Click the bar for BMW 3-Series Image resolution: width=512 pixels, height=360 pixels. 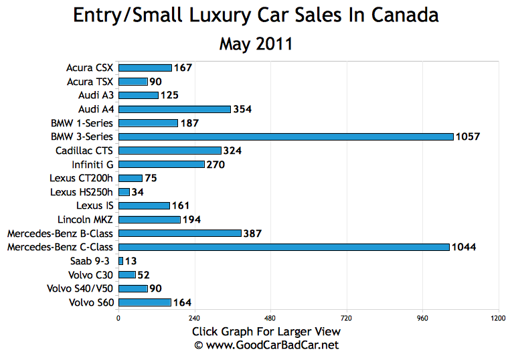(x=286, y=137)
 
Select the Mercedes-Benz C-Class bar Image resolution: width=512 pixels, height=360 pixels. (x=284, y=247)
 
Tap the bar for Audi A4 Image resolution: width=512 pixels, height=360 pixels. (x=174, y=109)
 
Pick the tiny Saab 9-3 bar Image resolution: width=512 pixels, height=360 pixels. (x=120, y=261)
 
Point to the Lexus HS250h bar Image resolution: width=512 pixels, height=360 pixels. (x=124, y=192)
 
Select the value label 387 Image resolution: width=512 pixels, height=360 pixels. (x=252, y=234)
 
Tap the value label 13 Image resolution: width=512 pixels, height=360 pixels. (x=131, y=261)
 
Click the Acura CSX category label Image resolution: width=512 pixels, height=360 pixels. (x=90, y=68)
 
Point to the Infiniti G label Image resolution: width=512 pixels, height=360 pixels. (x=92, y=164)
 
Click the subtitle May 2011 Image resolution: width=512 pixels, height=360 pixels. (x=256, y=44)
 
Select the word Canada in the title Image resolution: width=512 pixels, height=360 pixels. (x=405, y=15)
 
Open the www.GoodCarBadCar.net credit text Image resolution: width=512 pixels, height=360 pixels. (x=266, y=345)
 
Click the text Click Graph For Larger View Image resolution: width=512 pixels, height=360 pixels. (x=266, y=331)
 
